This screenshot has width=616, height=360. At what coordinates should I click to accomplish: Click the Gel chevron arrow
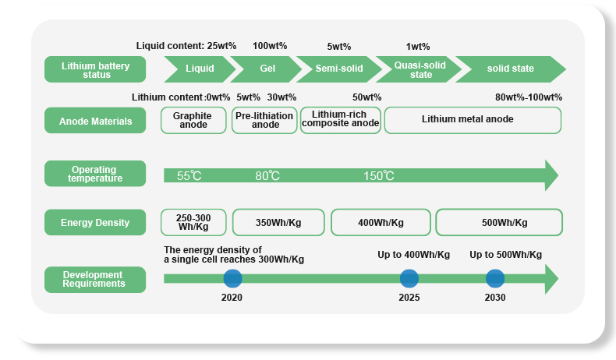point(267,69)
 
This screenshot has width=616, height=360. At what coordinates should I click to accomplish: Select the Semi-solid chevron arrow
point(339,69)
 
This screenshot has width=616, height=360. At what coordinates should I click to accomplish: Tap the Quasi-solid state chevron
point(420,69)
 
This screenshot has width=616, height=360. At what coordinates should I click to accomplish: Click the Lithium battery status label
point(95,69)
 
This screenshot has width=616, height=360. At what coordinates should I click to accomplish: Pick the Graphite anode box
point(193,120)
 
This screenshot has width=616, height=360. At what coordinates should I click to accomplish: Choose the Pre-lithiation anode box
point(264,120)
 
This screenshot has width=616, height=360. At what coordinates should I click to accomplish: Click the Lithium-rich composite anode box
point(341,120)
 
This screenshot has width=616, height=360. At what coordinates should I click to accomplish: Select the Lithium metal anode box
point(473,120)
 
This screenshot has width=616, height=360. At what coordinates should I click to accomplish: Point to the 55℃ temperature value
point(189,176)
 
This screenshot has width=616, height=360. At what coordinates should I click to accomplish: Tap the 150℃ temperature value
point(379,176)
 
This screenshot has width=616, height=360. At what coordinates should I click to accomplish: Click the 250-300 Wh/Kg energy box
point(193,222)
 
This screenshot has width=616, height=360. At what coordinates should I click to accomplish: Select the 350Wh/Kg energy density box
point(278,222)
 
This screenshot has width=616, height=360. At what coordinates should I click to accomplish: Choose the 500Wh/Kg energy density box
point(499,222)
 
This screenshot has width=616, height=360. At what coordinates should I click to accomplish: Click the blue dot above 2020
point(232,278)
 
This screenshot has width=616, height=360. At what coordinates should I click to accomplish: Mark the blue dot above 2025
point(409,278)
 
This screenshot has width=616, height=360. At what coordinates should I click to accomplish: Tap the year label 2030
point(495,298)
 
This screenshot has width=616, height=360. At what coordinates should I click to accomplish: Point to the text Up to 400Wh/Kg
point(414,255)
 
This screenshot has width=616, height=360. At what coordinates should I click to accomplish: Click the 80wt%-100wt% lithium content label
point(529,97)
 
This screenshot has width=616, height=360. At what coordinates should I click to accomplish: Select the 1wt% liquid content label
point(418,47)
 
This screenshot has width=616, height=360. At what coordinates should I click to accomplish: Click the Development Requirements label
point(95,280)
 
